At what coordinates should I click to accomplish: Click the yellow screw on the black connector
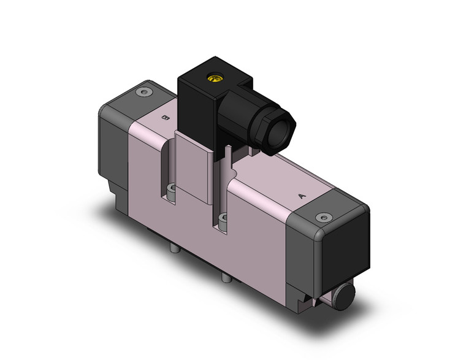[214, 78]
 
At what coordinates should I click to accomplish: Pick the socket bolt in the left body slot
[171, 190]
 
